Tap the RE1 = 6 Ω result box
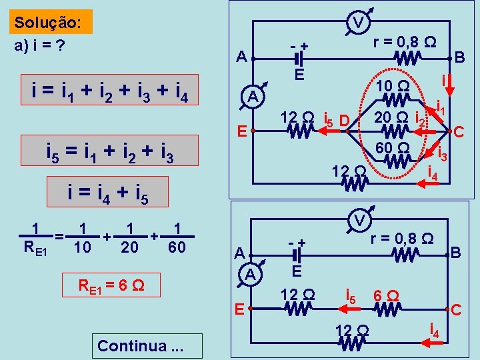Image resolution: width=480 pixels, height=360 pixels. (111, 284)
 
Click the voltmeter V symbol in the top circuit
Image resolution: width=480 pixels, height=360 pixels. (358, 24)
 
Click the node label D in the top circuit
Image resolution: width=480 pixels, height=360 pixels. (343, 121)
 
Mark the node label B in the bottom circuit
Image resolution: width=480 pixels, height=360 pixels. (456, 253)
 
